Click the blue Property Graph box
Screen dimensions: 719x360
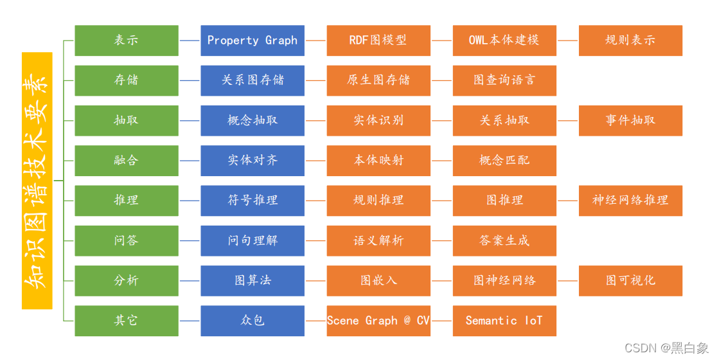253,40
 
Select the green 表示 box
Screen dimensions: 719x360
127,40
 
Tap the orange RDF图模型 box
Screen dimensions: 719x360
378,40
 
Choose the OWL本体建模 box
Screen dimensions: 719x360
504,40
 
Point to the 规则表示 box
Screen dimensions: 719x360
630,40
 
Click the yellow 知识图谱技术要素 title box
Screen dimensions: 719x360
37,181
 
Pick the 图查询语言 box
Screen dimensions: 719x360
504,80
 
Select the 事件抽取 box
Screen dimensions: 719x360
630,120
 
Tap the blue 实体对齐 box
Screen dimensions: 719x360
253,160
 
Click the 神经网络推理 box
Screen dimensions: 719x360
630,200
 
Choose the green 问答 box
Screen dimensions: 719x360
127,240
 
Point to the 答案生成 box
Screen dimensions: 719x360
504,240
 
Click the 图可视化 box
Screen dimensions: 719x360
630,280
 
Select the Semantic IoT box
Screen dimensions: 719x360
504,320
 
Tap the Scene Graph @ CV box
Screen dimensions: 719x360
378,320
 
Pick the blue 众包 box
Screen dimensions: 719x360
253,320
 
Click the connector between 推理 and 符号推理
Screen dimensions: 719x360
190,201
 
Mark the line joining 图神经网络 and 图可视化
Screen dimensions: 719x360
567,280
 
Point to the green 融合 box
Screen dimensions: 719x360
127,160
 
